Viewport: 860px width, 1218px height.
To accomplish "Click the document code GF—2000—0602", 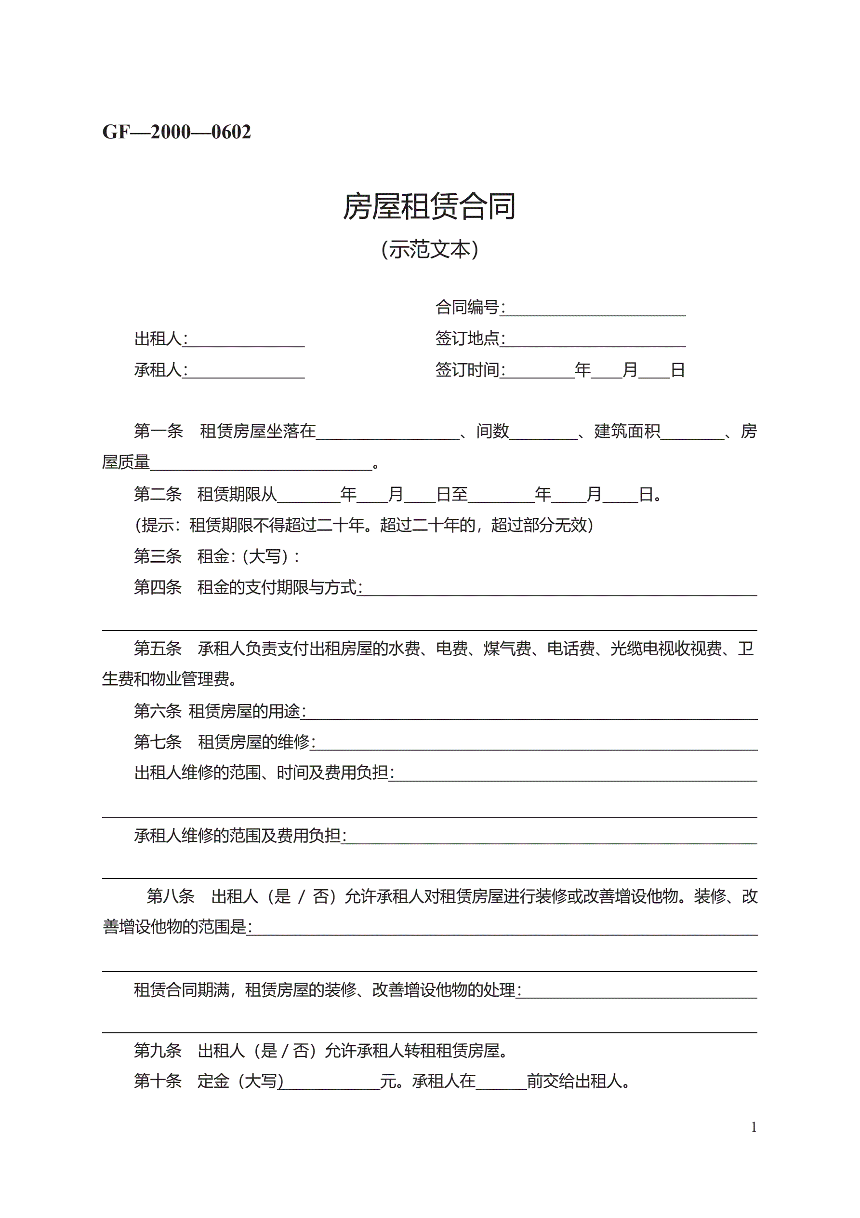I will click(x=176, y=132).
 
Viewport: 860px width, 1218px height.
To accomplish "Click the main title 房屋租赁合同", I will click(x=429, y=206).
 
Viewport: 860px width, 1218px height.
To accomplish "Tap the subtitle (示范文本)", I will click(x=429, y=249).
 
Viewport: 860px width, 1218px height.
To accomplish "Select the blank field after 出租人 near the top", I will click(x=246, y=340).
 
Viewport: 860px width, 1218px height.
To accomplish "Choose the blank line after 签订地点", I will click(x=595, y=340).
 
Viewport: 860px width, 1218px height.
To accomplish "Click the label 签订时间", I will click(x=468, y=370).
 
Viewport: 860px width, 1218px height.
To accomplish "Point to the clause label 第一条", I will click(x=158, y=431).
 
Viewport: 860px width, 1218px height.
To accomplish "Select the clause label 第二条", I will click(x=158, y=494).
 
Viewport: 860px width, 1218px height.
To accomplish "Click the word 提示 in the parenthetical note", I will click(x=158, y=525).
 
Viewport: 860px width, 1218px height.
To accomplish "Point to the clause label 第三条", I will click(x=158, y=556).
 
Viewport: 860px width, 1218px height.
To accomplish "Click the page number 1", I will click(x=754, y=1127).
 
